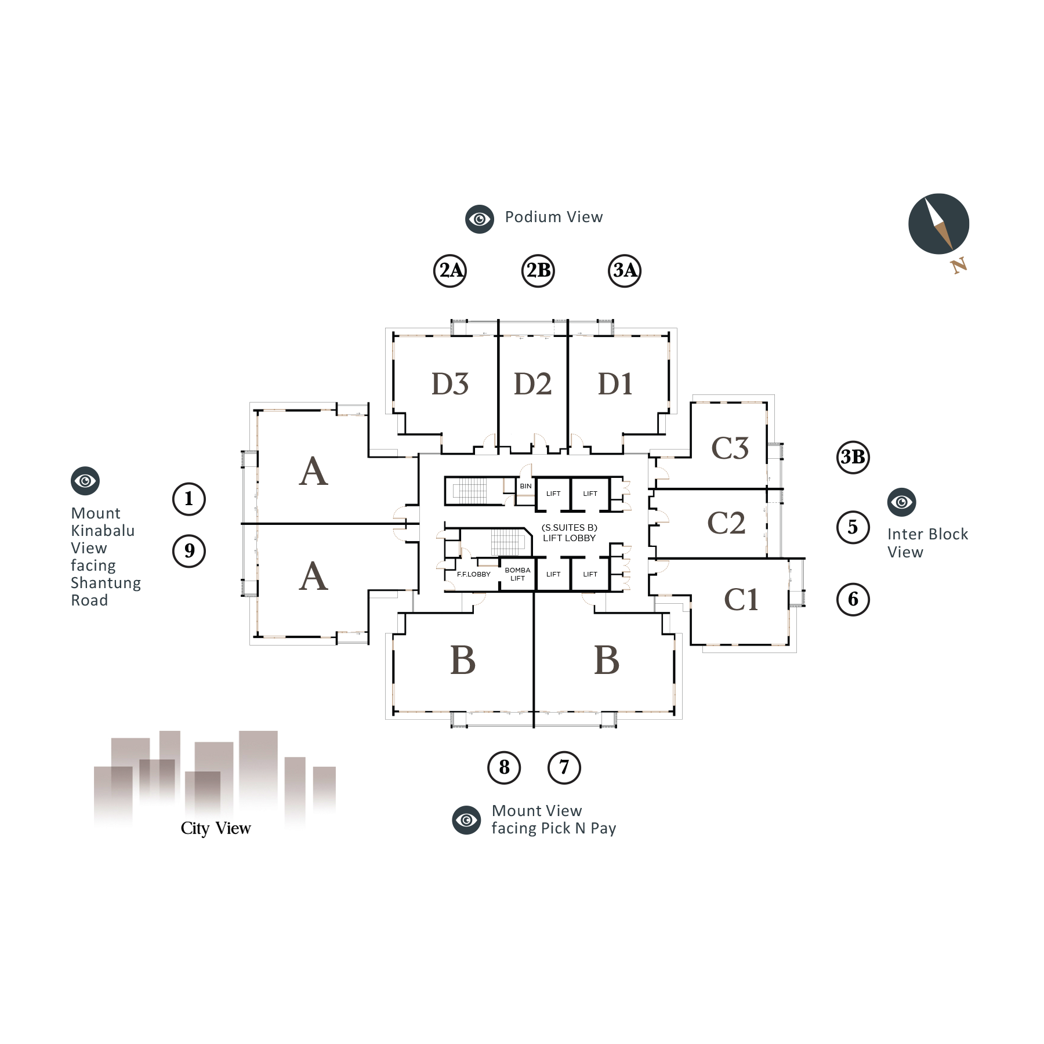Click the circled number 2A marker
451,270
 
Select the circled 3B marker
853,457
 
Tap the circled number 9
189,550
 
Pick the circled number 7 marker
564,767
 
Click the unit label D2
532,384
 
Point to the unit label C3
730,448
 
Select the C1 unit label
741,600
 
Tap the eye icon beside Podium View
480,219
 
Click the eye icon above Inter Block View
901,502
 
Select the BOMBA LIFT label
517,574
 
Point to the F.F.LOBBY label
473,574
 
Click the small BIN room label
525,486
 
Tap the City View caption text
216,828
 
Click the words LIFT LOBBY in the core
569,538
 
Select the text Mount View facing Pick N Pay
553,820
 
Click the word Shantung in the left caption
106,583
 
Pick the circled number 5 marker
853,527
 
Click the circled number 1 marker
189,499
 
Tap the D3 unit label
449,384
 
